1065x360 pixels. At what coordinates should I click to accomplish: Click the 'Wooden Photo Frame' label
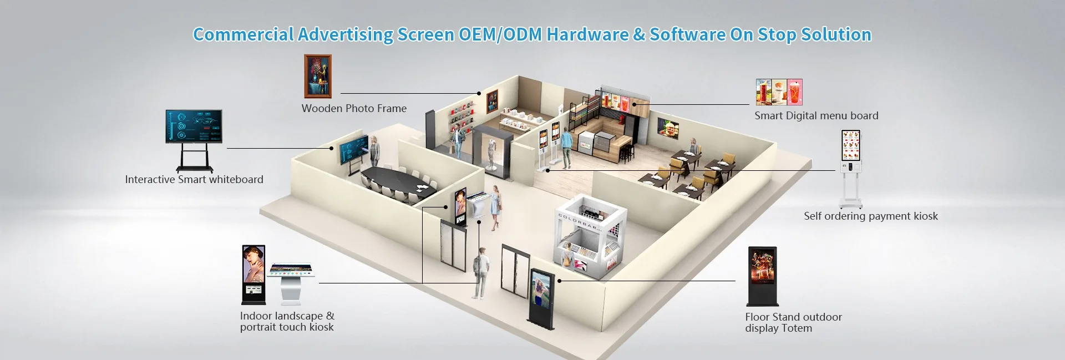pyautogui.click(x=354, y=109)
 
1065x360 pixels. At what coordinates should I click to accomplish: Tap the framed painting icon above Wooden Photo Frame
pyautogui.click(x=318, y=77)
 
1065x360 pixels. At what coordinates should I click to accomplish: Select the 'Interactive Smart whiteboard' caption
pyautogui.click(x=194, y=180)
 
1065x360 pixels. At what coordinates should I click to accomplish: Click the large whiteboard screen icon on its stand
pyautogui.click(x=194, y=127)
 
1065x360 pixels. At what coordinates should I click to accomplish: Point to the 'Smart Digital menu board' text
pyautogui.click(x=816, y=116)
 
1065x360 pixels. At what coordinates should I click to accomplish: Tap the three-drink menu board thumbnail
pyautogui.click(x=779, y=92)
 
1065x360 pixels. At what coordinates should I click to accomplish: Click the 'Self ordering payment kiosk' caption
pyautogui.click(x=870, y=216)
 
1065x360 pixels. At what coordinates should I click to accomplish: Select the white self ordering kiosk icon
pyautogui.click(x=851, y=166)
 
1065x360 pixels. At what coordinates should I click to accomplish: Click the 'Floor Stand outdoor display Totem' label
pyautogui.click(x=793, y=322)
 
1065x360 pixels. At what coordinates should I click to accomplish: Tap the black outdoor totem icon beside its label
pyautogui.click(x=763, y=276)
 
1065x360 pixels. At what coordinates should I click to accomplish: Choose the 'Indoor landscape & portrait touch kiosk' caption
pyautogui.click(x=287, y=321)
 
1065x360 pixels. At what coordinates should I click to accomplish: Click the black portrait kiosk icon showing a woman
pyautogui.click(x=253, y=274)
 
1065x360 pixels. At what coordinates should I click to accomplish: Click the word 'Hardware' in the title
pyautogui.click(x=587, y=34)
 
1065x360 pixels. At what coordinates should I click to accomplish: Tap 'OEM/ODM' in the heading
pyautogui.click(x=500, y=34)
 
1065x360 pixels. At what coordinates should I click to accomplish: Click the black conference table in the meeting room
pyautogui.click(x=397, y=181)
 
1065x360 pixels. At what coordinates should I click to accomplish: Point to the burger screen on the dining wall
pyautogui.click(x=668, y=128)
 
